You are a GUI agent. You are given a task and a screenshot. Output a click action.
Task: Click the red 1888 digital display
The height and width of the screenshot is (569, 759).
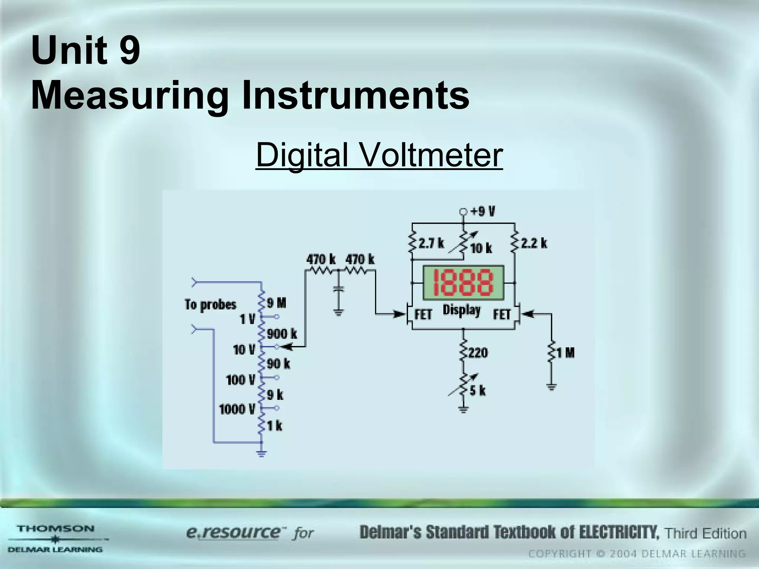coord(463,282)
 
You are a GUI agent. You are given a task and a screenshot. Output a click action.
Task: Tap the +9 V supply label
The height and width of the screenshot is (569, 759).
coord(483,212)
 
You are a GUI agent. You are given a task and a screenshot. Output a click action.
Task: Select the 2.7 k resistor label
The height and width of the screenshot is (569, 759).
coord(431,243)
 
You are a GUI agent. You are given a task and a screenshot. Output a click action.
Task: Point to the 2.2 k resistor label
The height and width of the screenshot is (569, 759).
coord(534,243)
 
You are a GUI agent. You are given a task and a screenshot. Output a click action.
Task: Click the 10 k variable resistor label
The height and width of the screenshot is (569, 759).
coord(481,249)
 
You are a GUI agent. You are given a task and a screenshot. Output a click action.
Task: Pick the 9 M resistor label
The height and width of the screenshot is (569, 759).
coord(276,303)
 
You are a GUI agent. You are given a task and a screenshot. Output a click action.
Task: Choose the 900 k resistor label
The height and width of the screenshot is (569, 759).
coord(282,334)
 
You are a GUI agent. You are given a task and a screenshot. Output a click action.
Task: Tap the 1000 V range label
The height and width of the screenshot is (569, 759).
coord(237,409)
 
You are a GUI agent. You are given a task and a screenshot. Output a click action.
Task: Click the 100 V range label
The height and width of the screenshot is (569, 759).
coord(241,380)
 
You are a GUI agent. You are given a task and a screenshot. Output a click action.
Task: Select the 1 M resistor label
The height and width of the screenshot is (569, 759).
coord(565,353)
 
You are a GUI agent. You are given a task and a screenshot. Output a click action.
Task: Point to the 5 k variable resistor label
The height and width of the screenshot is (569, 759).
coord(477,390)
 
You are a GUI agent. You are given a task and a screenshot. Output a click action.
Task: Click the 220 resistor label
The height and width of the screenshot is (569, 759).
coord(478,353)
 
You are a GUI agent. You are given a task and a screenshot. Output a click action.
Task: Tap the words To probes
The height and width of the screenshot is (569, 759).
coord(211,305)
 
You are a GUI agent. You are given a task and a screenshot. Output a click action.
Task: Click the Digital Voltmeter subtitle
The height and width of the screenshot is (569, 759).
coord(379,154)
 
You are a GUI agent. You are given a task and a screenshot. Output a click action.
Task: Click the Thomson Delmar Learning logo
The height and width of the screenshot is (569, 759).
coord(56,539)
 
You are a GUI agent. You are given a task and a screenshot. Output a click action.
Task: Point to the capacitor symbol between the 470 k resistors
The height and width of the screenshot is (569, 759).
coord(338,289)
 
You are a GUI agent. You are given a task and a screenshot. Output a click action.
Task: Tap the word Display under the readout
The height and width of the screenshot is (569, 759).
coord(461,310)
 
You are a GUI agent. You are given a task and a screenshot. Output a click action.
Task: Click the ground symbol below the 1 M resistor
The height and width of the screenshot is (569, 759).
coord(551,387)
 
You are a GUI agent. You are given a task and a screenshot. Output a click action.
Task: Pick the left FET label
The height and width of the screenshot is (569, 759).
coord(423,315)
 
